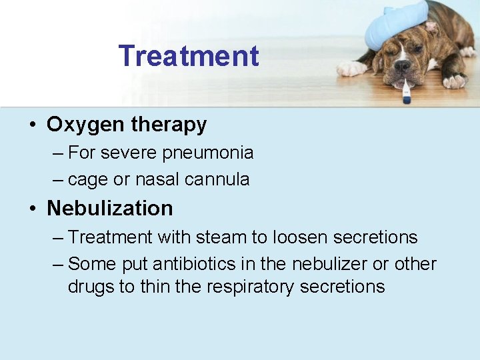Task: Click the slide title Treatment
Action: click(189, 55)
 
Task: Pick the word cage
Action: click(88, 179)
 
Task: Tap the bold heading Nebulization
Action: click(110, 208)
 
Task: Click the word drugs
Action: click(90, 287)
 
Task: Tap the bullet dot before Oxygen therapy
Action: click(31, 125)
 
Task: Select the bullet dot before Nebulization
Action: click(31, 209)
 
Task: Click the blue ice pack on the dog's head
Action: click(396, 23)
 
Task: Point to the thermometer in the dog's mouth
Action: click(405, 91)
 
